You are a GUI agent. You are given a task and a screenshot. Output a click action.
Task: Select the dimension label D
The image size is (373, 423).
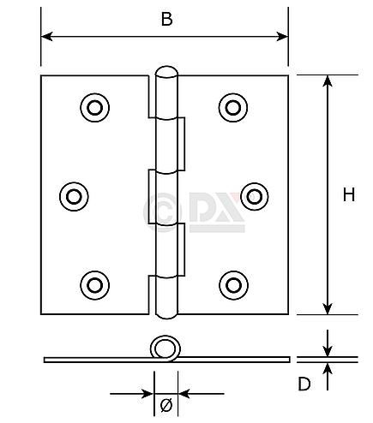[x=304, y=384]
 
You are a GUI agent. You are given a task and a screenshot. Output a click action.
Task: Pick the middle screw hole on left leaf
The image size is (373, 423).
[x=75, y=195]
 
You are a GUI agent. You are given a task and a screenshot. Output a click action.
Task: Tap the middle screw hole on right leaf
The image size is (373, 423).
[x=254, y=195]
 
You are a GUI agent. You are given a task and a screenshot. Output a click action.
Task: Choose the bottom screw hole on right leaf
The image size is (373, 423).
[x=232, y=283]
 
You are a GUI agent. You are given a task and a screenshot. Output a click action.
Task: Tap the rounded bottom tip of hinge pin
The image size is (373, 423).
[x=166, y=311]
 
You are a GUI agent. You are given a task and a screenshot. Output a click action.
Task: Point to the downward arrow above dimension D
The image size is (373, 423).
[x=326, y=350]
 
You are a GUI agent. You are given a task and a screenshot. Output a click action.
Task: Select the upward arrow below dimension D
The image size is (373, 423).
[x=326, y=368]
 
